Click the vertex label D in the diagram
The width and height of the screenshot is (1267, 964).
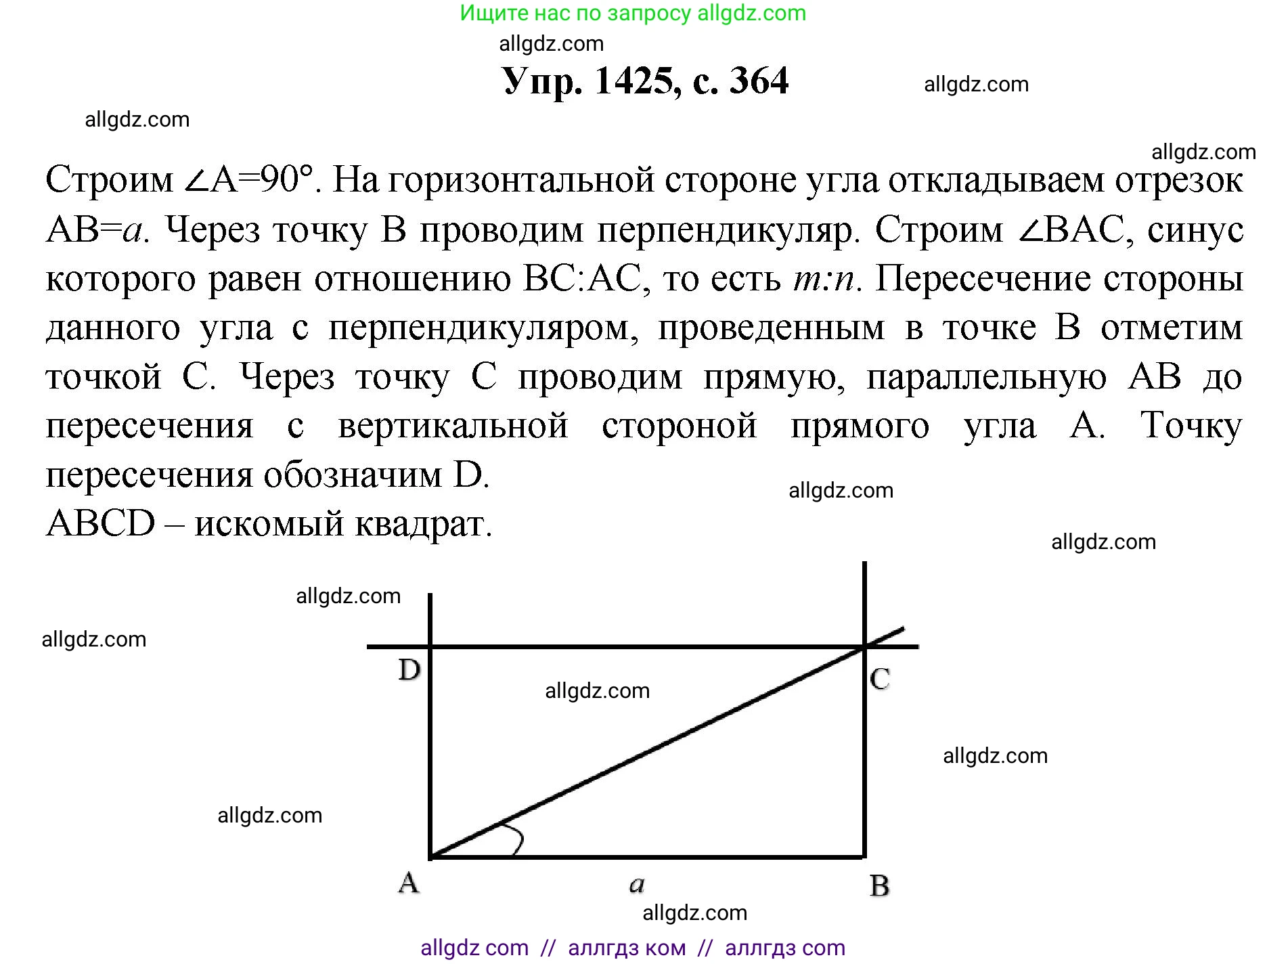[x=409, y=670]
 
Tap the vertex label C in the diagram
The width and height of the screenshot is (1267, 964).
[x=880, y=678]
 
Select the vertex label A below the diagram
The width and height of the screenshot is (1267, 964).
[x=408, y=883]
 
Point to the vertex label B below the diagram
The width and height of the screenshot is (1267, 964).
[x=879, y=885]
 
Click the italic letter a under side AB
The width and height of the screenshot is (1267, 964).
[x=637, y=884]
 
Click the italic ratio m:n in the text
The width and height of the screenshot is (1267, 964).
[x=826, y=278]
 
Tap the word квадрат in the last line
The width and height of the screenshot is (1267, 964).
[x=424, y=524]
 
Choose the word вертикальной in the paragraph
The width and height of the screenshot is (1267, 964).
[x=453, y=426]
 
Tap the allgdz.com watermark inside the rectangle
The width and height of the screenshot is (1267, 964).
[x=597, y=691]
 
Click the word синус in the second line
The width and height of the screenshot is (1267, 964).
[x=1195, y=229]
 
